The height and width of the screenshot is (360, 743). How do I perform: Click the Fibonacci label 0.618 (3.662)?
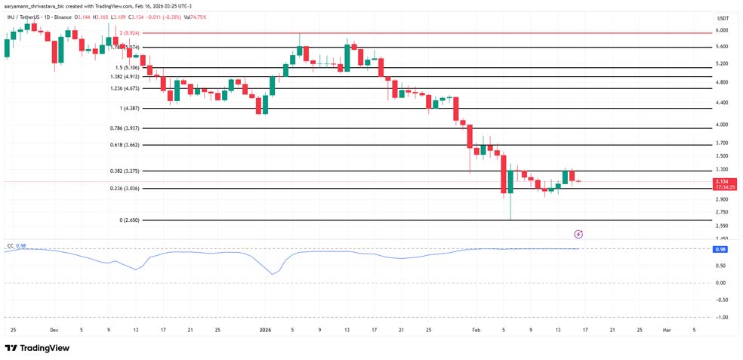click(x=125, y=144)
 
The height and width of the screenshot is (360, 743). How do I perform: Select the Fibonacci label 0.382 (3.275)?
click(x=125, y=171)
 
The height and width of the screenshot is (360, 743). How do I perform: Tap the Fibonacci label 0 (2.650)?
click(x=130, y=220)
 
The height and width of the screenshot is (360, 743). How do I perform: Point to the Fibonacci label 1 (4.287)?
click(x=130, y=109)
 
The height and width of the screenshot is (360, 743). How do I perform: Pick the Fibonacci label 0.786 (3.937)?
click(x=125, y=128)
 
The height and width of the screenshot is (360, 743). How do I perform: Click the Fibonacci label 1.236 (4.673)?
click(x=125, y=88)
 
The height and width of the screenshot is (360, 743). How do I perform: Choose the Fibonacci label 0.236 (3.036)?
click(x=125, y=188)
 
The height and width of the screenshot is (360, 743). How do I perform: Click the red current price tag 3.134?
click(x=723, y=182)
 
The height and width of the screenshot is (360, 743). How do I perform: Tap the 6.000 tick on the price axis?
click(x=722, y=30)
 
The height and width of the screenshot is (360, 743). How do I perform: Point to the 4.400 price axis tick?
click(x=722, y=103)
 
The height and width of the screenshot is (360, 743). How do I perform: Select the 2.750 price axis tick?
click(x=722, y=212)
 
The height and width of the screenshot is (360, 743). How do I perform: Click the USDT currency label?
click(x=723, y=18)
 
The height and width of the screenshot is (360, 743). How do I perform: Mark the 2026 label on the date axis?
click(x=265, y=330)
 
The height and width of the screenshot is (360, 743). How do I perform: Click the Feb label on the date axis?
click(x=476, y=330)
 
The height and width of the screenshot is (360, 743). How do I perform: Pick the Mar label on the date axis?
click(x=666, y=330)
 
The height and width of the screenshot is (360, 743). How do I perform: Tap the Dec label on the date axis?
click(x=54, y=330)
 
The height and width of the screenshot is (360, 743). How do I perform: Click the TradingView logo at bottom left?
click(x=37, y=348)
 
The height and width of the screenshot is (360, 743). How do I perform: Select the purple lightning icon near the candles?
click(x=578, y=235)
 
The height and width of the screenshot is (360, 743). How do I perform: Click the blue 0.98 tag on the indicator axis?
click(x=720, y=249)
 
